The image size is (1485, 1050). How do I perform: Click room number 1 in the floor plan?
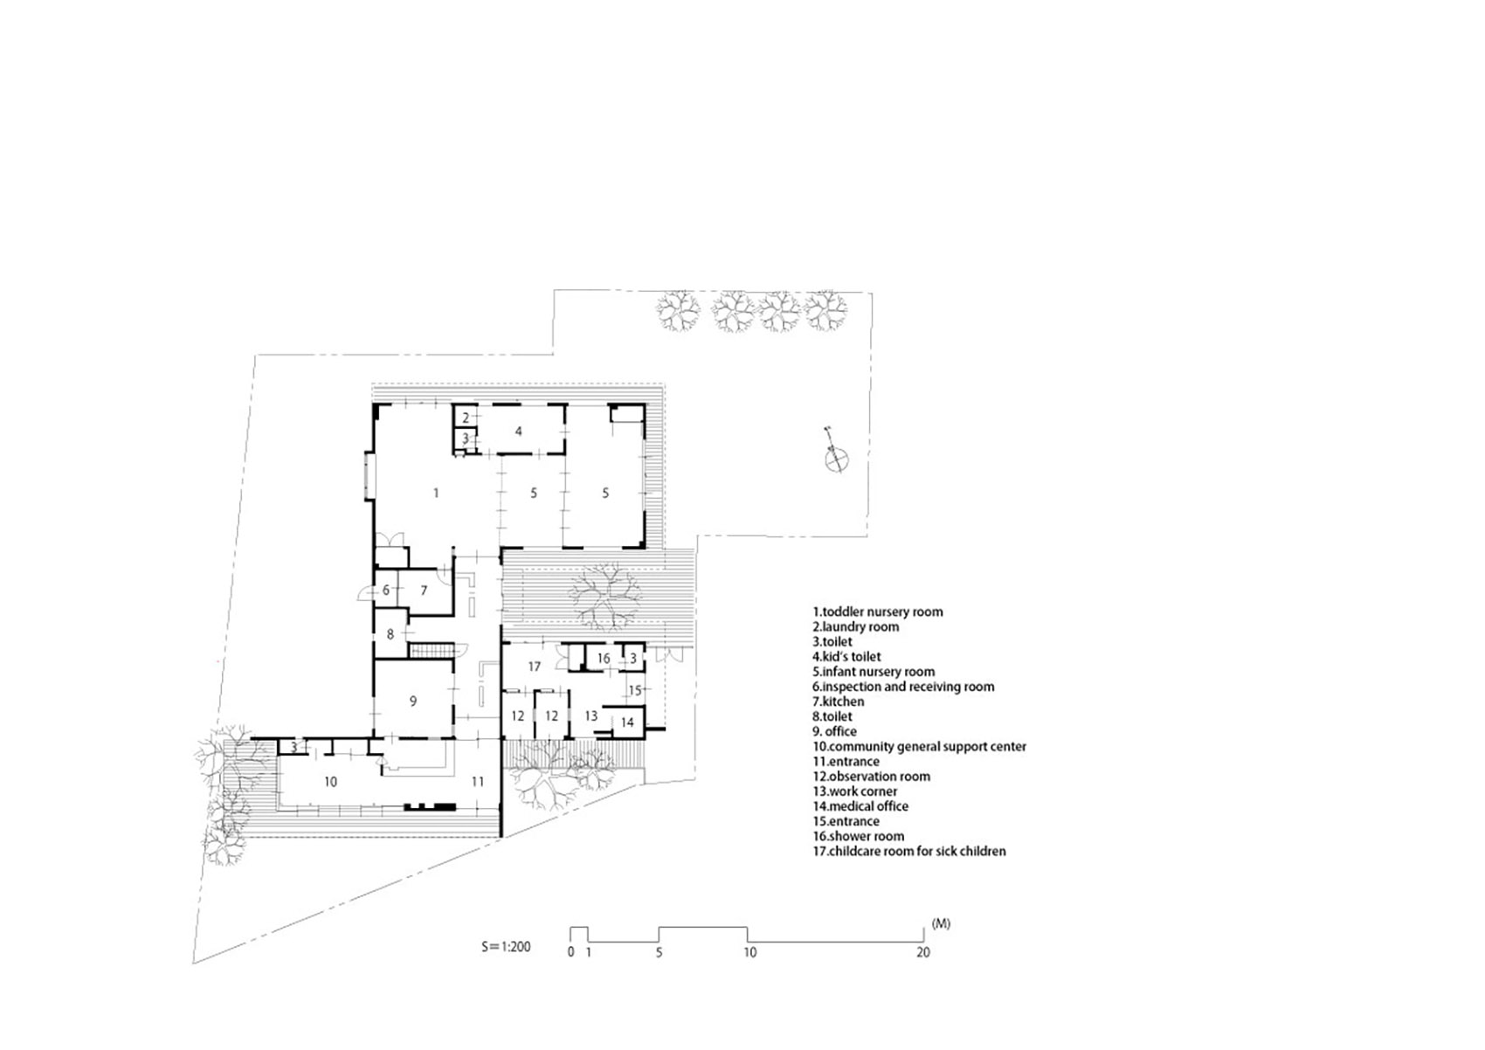tap(436, 494)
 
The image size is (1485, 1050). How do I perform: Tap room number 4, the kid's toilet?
tap(519, 432)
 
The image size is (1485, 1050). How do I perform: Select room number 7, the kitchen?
tap(424, 591)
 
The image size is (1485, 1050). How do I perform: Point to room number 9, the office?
tap(413, 701)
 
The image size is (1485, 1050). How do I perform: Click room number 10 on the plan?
tap(330, 782)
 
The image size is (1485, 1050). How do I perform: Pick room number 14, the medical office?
tap(627, 722)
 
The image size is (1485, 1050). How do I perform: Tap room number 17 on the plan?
tap(535, 667)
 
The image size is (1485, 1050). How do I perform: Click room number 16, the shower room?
tap(604, 659)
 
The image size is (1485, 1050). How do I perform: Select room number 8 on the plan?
tap(390, 634)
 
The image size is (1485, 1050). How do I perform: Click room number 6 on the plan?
tap(385, 591)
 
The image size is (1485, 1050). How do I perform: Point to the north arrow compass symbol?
tap(836, 452)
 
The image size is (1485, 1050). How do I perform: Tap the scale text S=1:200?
tap(506, 946)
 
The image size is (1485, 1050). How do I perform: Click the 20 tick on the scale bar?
tap(923, 952)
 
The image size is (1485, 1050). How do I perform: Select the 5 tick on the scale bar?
tap(659, 952)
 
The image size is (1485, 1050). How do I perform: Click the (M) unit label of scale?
tap(941, 923)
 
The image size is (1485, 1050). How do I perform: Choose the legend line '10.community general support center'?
tap(919, 747)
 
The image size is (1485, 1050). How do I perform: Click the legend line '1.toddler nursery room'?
tap(877, 611)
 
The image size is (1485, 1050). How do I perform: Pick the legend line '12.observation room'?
tap(871, 777)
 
